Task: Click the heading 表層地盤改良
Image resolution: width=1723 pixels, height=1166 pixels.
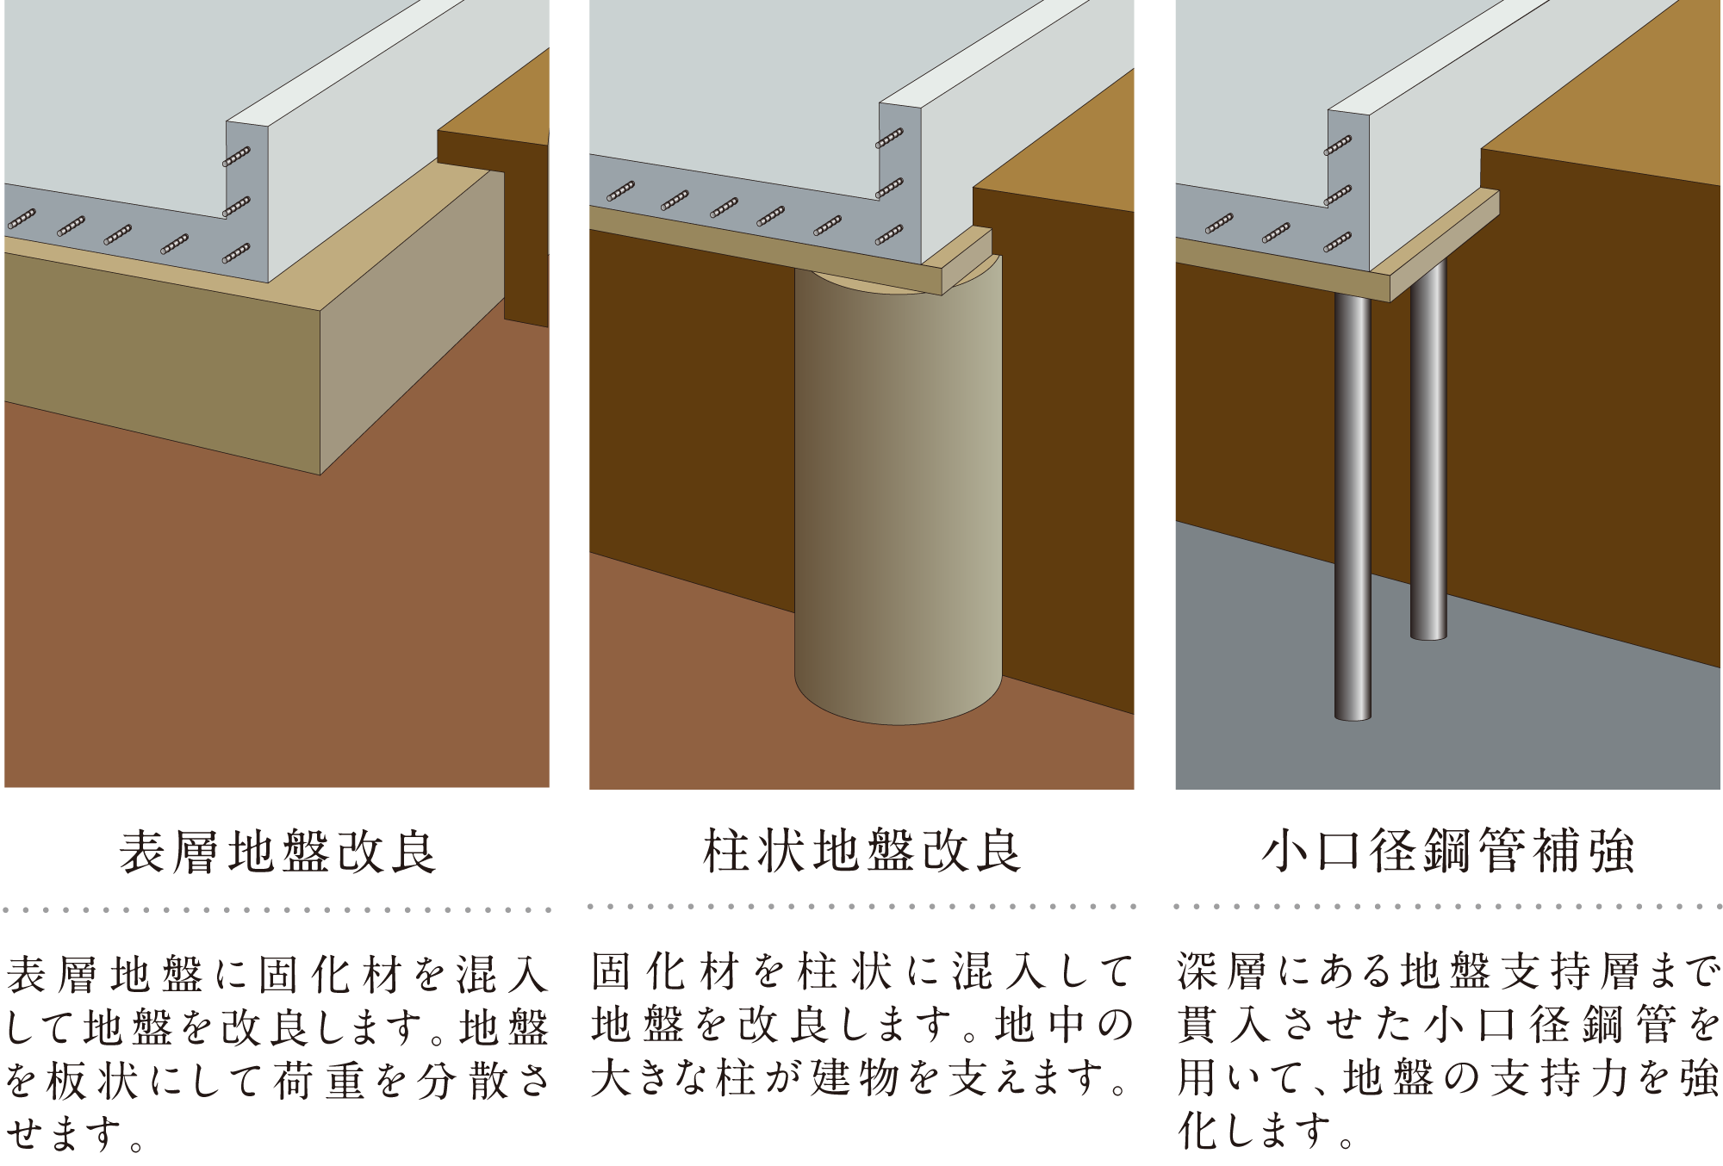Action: (x=277, y=852)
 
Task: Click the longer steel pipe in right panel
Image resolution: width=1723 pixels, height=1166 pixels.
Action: (x=1353, y=508)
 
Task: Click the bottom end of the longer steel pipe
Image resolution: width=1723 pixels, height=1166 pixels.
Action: (x=1353, y=715)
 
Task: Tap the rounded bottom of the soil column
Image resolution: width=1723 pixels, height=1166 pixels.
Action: (x=898, y=706)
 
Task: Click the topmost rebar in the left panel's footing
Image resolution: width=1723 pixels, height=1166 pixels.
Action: (x=237, y=156)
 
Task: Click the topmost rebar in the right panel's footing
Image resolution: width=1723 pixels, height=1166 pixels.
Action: (x=1338, y=146)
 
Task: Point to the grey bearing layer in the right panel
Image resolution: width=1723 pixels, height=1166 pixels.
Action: (x=1533, y=706)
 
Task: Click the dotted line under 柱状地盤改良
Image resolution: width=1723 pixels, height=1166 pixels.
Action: (x=861, y=906)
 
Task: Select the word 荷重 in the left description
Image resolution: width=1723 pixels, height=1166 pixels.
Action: (x=320, y=1080)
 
